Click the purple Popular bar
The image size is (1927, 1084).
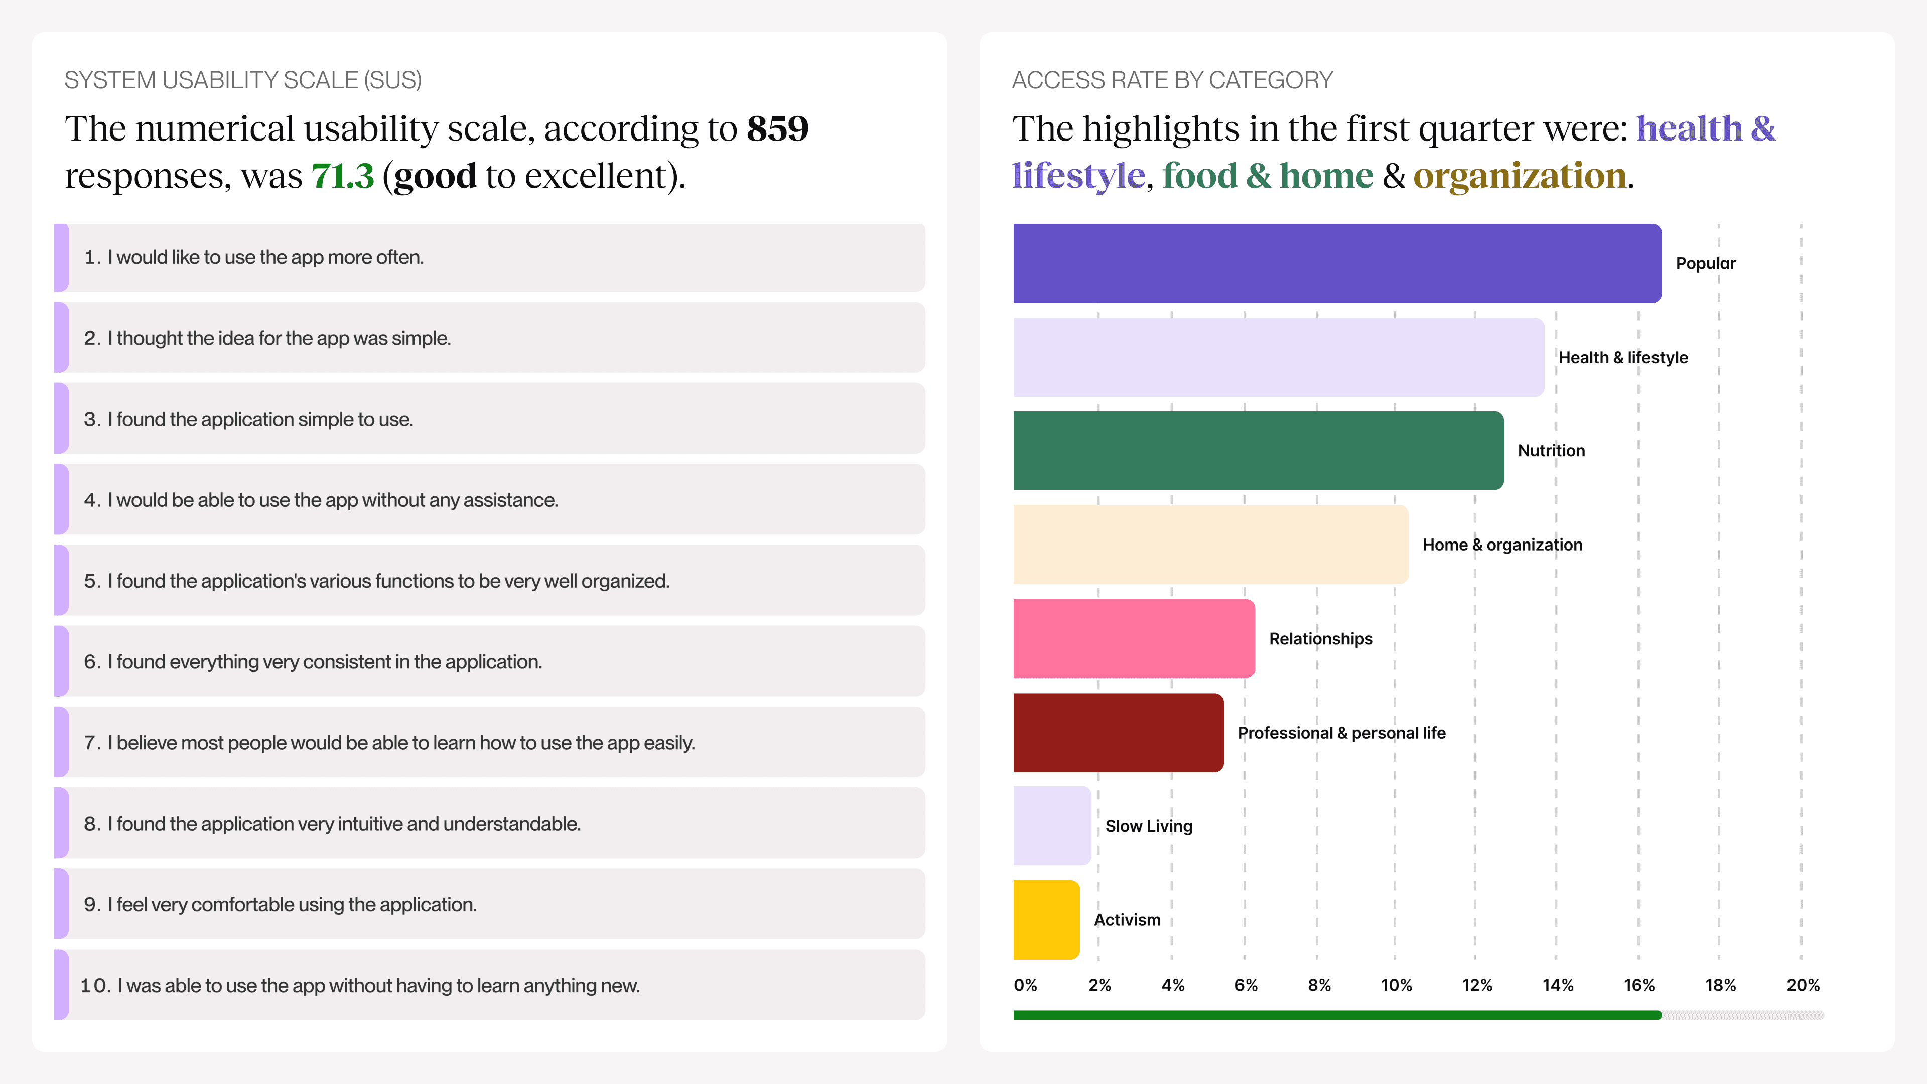(1337, 263)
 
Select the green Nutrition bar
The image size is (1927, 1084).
(1258, 450)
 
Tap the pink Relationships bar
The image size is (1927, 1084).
(1133, 638)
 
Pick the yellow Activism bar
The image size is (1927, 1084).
(1046, 919)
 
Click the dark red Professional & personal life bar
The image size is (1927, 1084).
(1118, 732)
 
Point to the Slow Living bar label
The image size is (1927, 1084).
(1148, 826)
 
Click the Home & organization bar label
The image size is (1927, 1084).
(1502, 545)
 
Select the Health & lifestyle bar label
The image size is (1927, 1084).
(1622, 358)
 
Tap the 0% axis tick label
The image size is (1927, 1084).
(1025, 985)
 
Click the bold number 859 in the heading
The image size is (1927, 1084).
(777, 128)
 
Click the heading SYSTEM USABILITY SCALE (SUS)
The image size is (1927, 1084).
(243, 80)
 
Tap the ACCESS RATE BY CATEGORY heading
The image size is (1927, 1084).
(1171, 80)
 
